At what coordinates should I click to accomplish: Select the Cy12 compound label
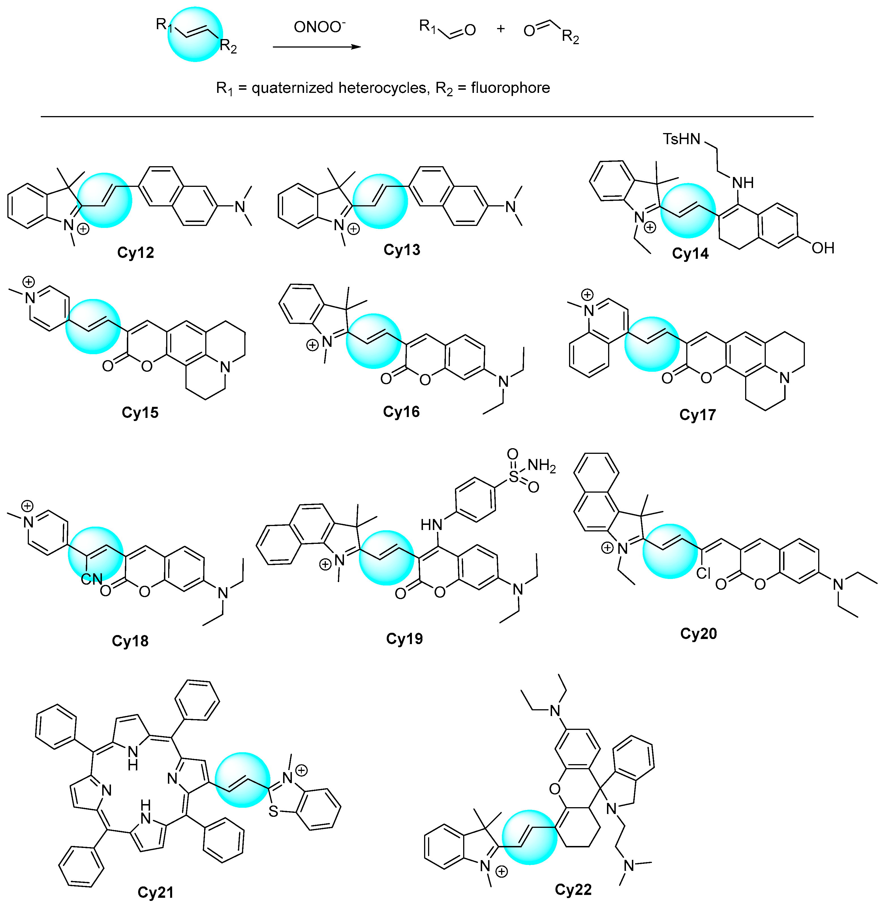135,253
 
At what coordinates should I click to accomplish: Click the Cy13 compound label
402,250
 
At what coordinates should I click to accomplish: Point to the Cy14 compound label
690,254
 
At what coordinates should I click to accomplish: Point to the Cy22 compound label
573,890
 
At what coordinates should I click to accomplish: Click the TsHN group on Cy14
681,139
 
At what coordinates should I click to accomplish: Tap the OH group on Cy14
823,248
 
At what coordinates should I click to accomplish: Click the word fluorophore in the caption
510,88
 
